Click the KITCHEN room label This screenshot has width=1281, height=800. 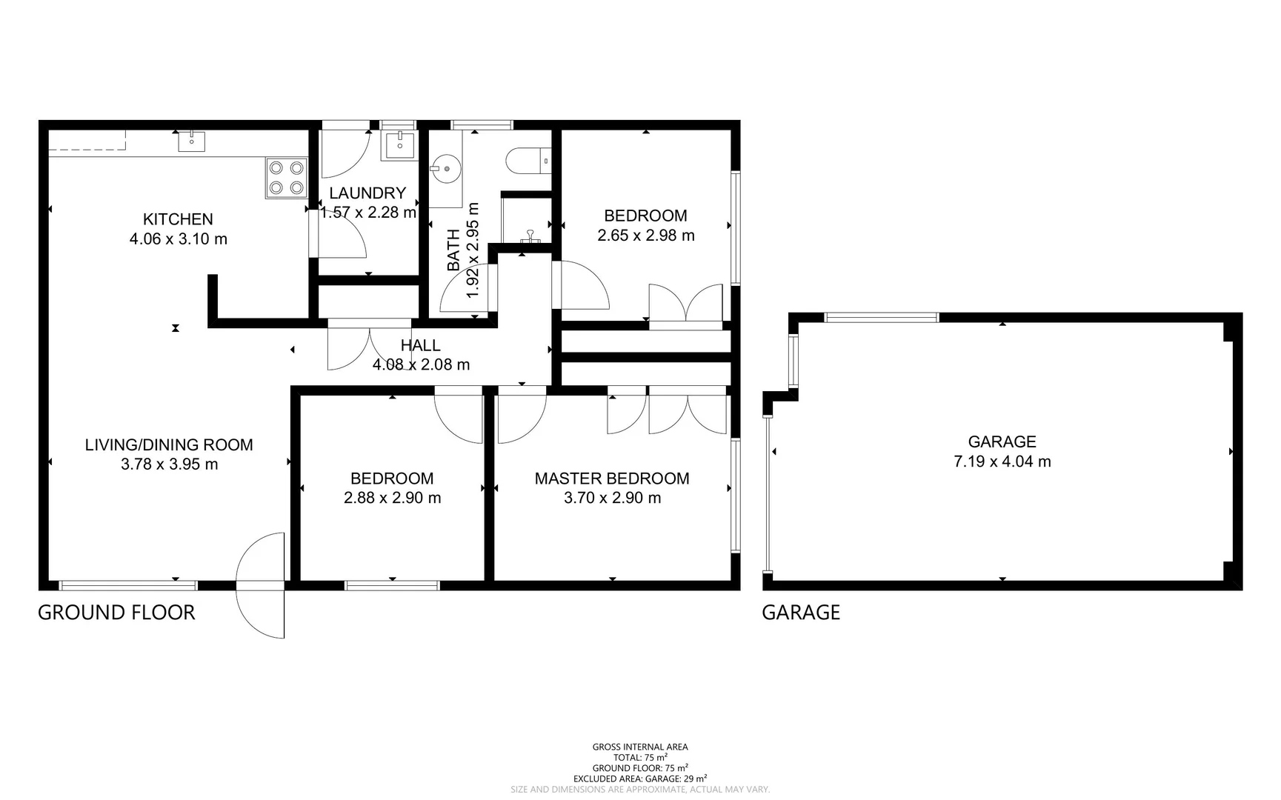pyautogui.click(x=178, y=219)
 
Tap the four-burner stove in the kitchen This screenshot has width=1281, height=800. pyautogui.click(x=287, y=178)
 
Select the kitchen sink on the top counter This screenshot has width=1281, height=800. pyautogui.click(x=192, y=139)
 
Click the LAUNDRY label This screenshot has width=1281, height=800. pyautogui.click(x=367, y=193)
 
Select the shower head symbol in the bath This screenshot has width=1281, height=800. pyautogui.click(x=530, y=237)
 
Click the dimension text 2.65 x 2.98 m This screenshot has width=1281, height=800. pyautogui.click(x=646, y=236)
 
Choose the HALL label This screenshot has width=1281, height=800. pyautogui.click(x=420, y=345)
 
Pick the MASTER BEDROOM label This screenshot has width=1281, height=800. pyautogui.click(x=612, y=479)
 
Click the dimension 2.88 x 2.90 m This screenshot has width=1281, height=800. pyautogui.click(x=392, y=498)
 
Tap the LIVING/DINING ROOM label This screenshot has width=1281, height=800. pyautogui.click(x=169, y=445)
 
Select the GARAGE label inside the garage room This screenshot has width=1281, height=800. pyautogui.click(x=1002, y=442)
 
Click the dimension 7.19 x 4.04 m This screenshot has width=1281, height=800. pyautogui.click(x=1002, y=461)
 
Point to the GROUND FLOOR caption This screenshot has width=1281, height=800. pyautogui.click(x=116, y=613)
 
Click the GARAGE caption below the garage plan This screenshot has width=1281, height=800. pyautogui.click(x=801, y=613)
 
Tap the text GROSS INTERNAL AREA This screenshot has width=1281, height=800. pyautogui.click(x=640, y=747)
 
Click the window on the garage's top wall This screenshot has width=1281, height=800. pyautogui.click(x=882, y=318)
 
